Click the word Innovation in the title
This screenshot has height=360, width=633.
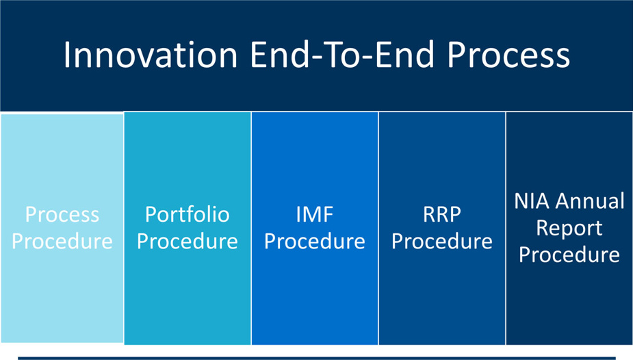coord(151,55)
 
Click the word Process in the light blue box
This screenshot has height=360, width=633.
coord(62,214)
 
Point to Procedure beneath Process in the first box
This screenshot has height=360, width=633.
coord(62,241)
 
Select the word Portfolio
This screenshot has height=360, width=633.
coord(187,214)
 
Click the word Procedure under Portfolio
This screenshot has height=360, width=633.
coord(187,241)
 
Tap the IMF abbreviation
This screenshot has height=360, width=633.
coord(315,214)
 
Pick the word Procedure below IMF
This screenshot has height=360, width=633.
coord(315,241)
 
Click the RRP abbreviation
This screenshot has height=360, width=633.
coord(442,214)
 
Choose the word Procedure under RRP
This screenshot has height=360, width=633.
coord(442,241)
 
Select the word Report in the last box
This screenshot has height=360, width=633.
coord(569,228)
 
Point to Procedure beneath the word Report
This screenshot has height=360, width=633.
coord(569,255)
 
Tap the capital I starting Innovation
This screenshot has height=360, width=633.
coord(67,55)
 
